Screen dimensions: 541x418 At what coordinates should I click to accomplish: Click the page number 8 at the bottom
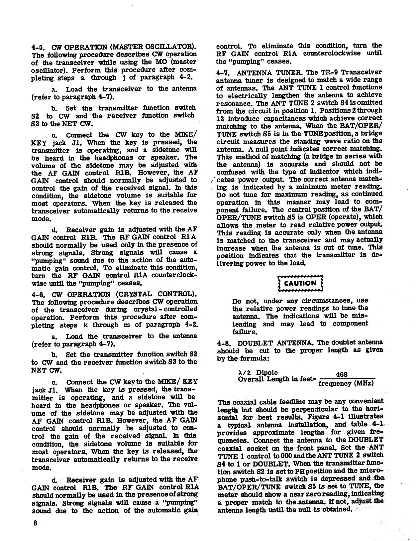pos(35,522)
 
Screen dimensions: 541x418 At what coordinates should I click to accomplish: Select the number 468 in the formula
pos(342,374)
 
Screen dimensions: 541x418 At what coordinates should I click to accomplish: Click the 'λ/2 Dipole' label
pos(256,373)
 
